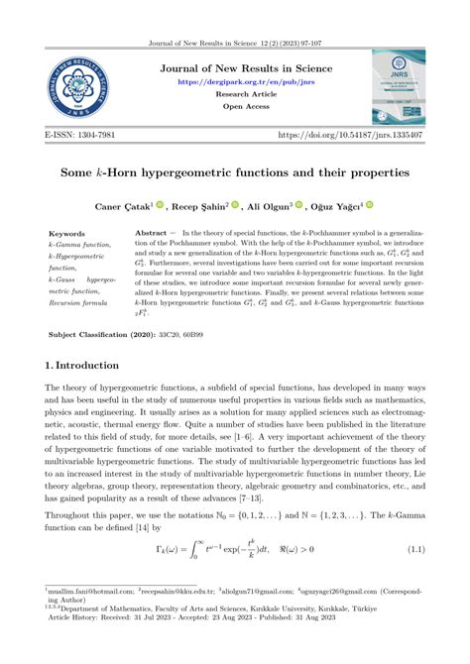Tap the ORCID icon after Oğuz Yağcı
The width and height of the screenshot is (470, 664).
pos(370,205)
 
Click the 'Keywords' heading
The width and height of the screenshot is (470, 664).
pos(67,233)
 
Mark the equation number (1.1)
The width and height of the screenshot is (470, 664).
pos(408,549)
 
